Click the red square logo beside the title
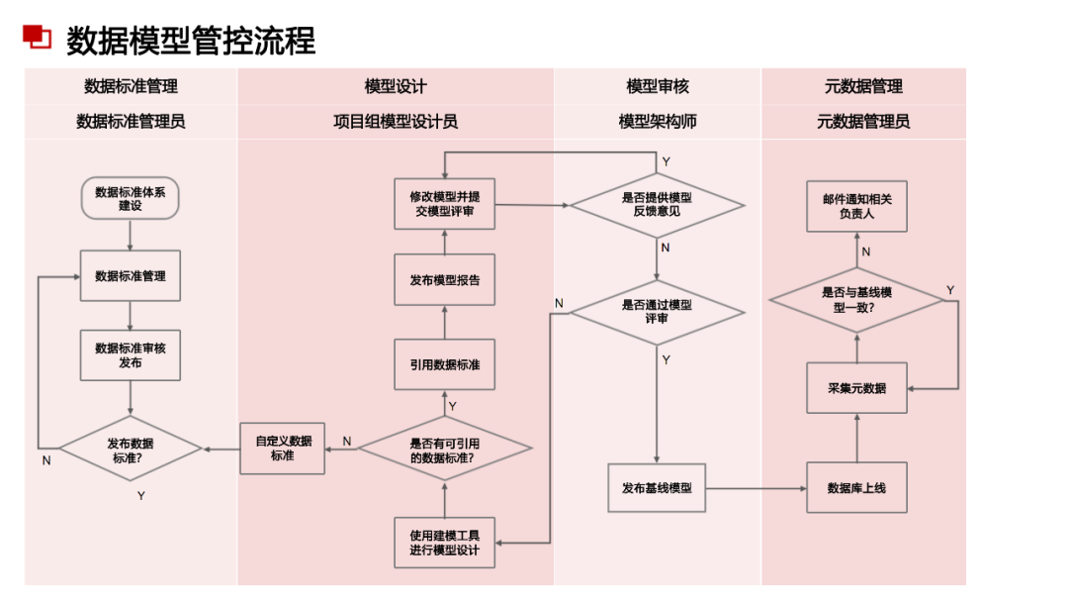(x=38, y=37)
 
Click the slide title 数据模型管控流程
(x=191, y=41)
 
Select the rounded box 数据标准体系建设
(x=130, y=199)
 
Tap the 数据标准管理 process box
(x=130, y=276)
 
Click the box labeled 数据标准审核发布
(x=130, y=355)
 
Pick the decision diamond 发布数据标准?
(x=130, y=451)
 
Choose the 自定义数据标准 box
(x=282, y=449)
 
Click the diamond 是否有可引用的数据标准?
(x=444, y=450)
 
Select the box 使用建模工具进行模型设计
(x=444, y=543)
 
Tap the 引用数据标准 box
(x=444, y=364)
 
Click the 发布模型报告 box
(x=444, y=280)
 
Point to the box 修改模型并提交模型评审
(x=444, y=204)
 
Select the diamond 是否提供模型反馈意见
(x=657, y=205)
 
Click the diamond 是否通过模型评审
(x=657, y=312)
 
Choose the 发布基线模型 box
(x=657, y=488)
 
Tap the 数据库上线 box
(x=856, y=488)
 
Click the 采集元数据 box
(x=856, y=388)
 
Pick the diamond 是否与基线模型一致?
(x=856, y=300)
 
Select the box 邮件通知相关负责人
(x=856, y=206)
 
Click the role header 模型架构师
(x=657, y=122)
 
